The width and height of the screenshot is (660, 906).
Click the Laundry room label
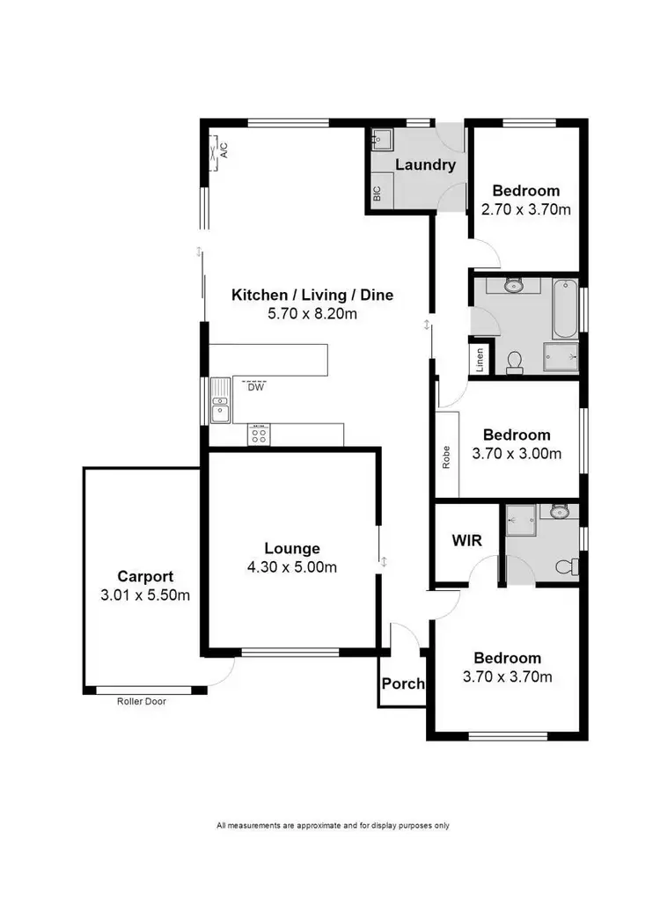425,164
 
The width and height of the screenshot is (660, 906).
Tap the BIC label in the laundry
378,195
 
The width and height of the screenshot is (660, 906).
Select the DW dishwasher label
255,386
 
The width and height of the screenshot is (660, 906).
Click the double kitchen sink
219,406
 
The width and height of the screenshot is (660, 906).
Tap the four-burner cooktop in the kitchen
260,434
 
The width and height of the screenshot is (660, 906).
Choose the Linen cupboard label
480,361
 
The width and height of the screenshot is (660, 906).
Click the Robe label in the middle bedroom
447,458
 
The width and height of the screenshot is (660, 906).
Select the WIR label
466,541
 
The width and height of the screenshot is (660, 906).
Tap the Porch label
403,683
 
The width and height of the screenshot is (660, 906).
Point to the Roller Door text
141,702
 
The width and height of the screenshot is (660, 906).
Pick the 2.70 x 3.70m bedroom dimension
525,209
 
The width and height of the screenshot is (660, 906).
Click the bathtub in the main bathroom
564,309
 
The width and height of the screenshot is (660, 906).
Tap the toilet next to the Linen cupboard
516,362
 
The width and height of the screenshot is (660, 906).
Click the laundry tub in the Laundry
380,141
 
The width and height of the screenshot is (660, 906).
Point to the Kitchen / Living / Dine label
312,295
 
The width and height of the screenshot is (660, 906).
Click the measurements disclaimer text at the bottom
333,825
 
